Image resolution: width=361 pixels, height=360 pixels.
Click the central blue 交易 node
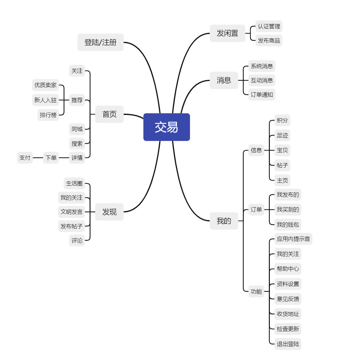click(x=167, y=127)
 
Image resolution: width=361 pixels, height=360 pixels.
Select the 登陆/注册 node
click(x=100, y=42)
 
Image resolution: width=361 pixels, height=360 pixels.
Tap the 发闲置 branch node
click(x=227, y=33)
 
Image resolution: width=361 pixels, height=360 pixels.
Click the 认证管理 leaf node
click(x=269, y=26)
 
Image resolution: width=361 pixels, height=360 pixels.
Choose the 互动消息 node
click(x=262, y=80)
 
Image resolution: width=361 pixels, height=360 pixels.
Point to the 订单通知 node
click(x=262, y=95)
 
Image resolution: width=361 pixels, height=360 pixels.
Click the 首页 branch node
click(x=109, y=114)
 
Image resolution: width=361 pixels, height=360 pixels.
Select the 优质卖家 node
click(x=45, y=85)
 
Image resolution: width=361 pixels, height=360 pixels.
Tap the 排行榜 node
click(x=48, y=115)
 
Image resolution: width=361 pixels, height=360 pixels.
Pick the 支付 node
click(x=25, y=158)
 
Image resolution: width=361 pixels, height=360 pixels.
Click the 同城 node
click(x=77, y=129)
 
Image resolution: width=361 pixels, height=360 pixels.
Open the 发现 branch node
click(x=109, y=212)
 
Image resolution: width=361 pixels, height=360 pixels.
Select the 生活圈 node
click(x=74, y=183)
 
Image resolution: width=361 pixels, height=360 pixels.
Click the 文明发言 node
click(x=71, y=212)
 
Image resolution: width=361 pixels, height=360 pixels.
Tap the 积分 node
click(x=282, y=121)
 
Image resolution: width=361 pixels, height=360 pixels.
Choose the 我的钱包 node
click(x=288, y=225)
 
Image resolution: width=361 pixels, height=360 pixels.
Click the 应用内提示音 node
click(x=293, y=239)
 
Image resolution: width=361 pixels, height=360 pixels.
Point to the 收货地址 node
click(x=288, y=314)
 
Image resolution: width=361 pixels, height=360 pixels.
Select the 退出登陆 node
click(x=288, y=344)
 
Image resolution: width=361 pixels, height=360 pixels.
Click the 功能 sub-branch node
click(x=256, y=291)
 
